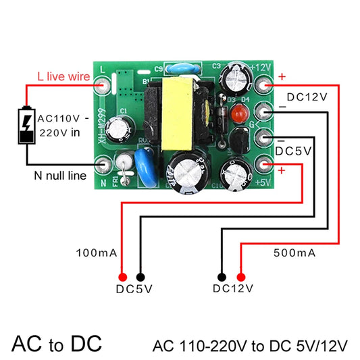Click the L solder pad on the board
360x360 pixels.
click(x=103, y=84)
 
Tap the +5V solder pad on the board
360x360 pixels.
click(x=264, y=164)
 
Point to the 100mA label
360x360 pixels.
click(x=97, y=253)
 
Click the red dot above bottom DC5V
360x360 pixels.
click(x=123, y=277)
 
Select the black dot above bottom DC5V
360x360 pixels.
click(x=140, y=277)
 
